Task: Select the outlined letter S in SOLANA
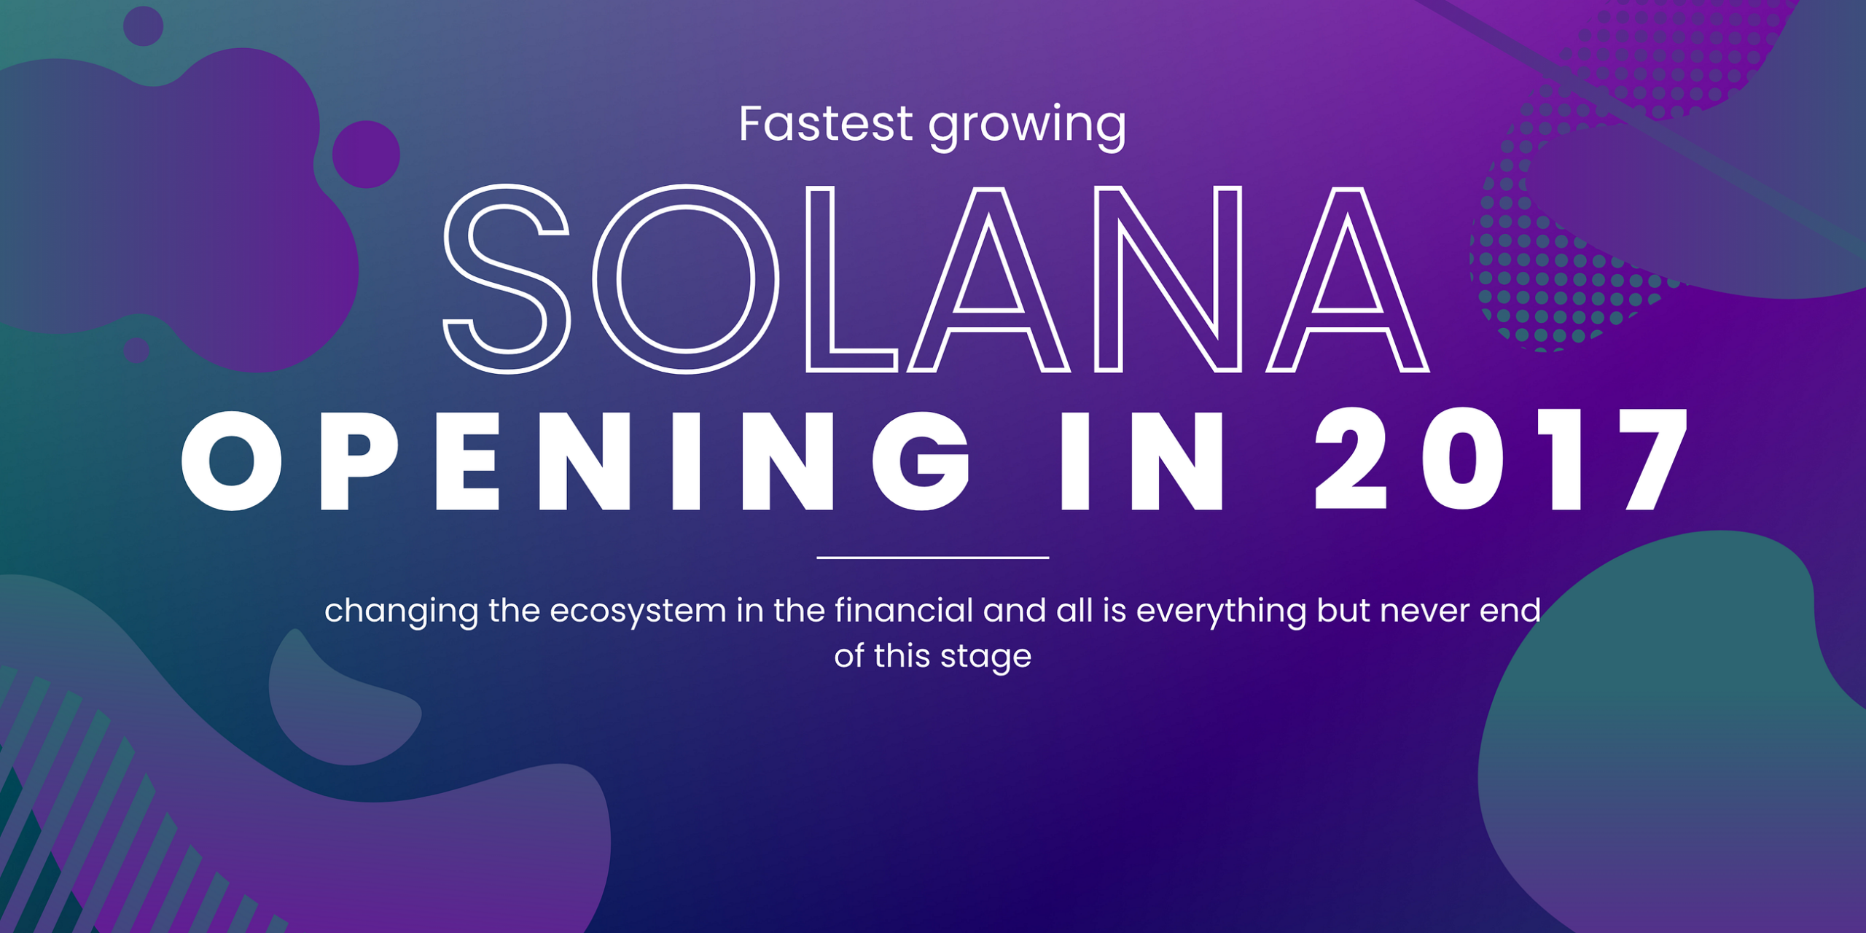[x=506, y=278]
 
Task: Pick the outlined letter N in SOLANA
[x=1168, y=278]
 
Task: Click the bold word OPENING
[x=576, y=461]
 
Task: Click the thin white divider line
[x=932, y=558]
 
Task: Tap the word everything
[x=1221, y=611]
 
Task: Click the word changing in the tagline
[x=401, y=611]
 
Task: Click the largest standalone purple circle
[x=366, y=155]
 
